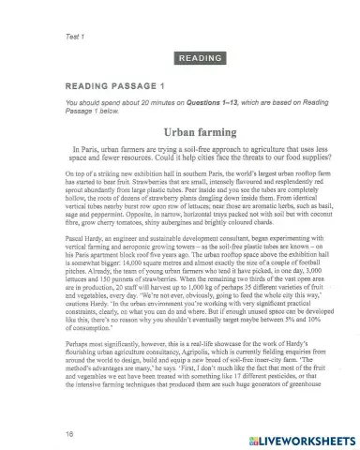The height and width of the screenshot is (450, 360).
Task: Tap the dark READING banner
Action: coord(198,56)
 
